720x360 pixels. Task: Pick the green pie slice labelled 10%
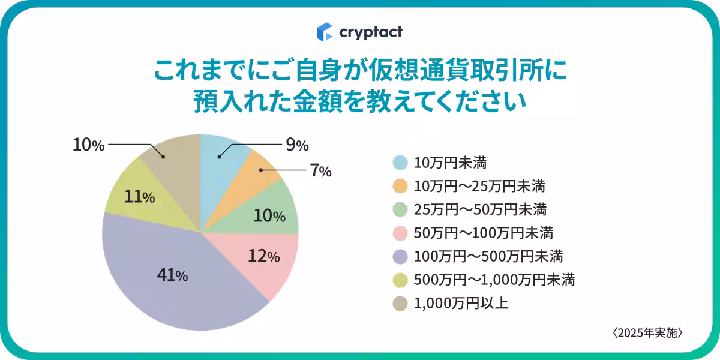coord(273,210)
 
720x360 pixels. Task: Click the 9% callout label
coord(297,145)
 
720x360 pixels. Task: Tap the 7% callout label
coord(320,171)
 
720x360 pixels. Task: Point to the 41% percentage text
coord(172,275)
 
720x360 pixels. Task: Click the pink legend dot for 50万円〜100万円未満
coord(401,233)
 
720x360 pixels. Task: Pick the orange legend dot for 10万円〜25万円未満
coord(401,186)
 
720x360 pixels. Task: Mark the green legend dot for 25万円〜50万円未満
coord(401,209)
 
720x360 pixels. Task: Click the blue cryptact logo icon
coord(325,31)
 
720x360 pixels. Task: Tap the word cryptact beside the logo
coord(370,31)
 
